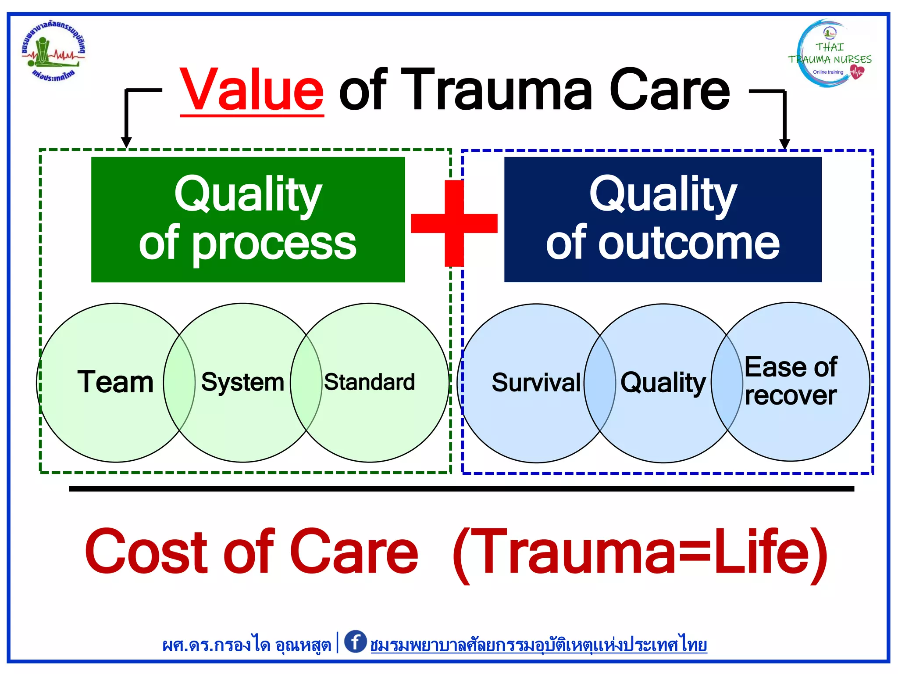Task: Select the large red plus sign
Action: pos(454,223)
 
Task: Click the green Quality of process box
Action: pos(248,219)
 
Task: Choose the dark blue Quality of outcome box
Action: pos(663,219)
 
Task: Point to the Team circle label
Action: pos(115,382)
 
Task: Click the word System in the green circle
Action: pos(242,382)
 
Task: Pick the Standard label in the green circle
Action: pos(369,382)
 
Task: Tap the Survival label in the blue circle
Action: pos(536,383)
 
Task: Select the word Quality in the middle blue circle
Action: pos(663,383)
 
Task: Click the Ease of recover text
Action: pos(791,381)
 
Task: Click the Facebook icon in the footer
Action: pos(355,642)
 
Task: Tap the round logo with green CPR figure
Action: pos(53,52)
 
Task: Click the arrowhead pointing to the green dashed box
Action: pos(126,142)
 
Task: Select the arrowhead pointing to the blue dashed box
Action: pos(784,143)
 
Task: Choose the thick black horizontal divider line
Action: pos(461,488)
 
